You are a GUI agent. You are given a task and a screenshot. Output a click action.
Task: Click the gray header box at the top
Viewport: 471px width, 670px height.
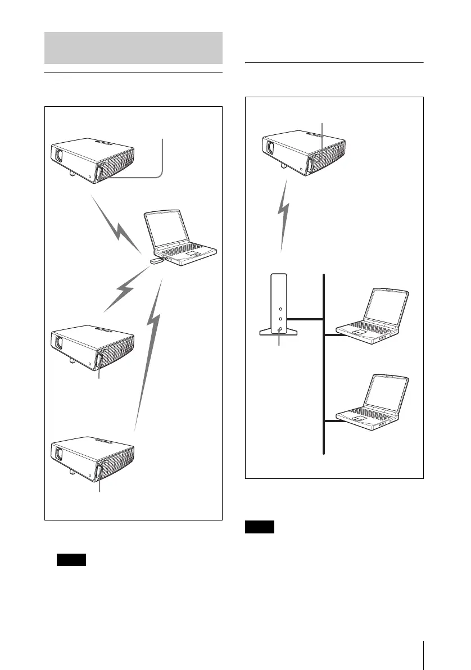133,48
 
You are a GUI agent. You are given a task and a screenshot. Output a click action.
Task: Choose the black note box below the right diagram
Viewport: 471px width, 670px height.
260,527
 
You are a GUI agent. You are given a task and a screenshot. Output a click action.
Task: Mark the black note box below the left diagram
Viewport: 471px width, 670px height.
71,559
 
